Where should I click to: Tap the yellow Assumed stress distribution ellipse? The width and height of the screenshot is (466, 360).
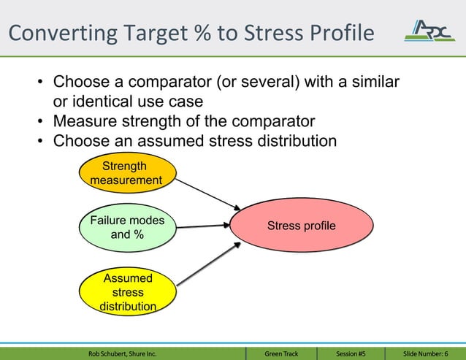(128, 292)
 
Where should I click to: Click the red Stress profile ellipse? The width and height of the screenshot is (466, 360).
(301, 226)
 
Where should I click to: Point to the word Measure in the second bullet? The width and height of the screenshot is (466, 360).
(83, 120)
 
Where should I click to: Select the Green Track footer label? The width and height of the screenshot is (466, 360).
(281, 354)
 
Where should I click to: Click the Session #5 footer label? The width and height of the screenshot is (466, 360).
(351, 354)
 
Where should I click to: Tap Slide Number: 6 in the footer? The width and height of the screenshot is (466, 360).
(425, 354)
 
